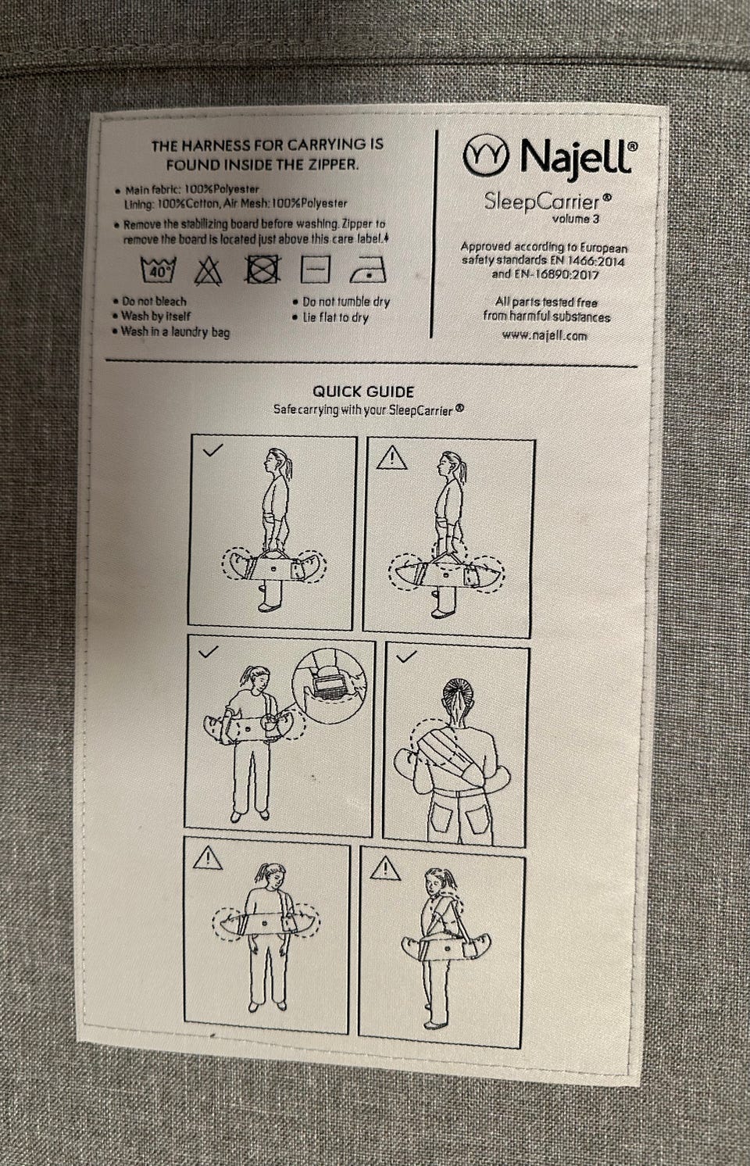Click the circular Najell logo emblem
[x=486, y=155]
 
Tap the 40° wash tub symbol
[x=159, y=270]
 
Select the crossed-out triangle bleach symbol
[x=208, y=271]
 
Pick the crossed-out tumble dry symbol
[x=262, y=269]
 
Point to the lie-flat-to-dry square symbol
[x=316, y=269]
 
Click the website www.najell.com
[x=545, y=336]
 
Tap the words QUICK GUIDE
[x=363, y=392]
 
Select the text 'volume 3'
[x=576, y=219]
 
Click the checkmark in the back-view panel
[x=406, y=656]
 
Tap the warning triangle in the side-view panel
[x=392, y=459]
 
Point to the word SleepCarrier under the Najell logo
[x=542, y=202]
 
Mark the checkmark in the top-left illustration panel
[x=212, y=449]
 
